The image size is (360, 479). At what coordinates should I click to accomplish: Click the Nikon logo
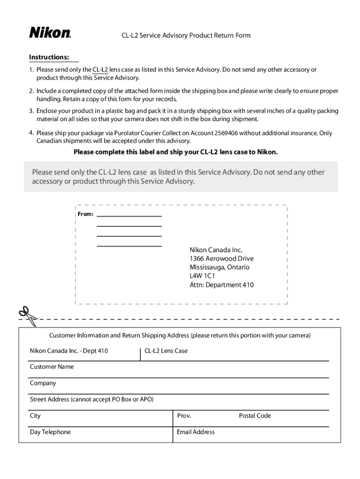(x=50, y=33)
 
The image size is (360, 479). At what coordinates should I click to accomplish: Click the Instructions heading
(x=49, y=58)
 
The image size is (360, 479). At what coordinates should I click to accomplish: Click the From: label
(x=85, y=214)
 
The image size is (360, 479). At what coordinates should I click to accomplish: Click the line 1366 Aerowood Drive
(x=221, y=259)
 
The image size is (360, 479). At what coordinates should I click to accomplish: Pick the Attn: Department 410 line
(x=221, y=285)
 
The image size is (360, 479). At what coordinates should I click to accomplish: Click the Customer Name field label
(x=52, y=367)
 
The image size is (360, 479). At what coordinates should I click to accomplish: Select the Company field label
(x=43, y=383)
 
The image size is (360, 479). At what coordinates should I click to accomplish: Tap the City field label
(x=36, y=416)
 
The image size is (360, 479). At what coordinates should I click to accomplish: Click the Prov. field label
(x=184, y=416)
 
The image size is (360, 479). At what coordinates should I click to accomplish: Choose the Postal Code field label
(x=255, y=416)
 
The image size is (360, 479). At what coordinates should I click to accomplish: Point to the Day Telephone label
(x=50, y=432)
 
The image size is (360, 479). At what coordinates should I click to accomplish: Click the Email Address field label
(x=195, y=432)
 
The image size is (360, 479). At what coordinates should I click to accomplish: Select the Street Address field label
(x=92, y=399)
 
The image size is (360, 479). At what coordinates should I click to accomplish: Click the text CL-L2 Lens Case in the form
(x=166, y=351)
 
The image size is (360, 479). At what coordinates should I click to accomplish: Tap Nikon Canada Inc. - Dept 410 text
(x=69, y=351)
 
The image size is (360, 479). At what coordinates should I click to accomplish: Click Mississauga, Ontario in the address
(x=219, y=268)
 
